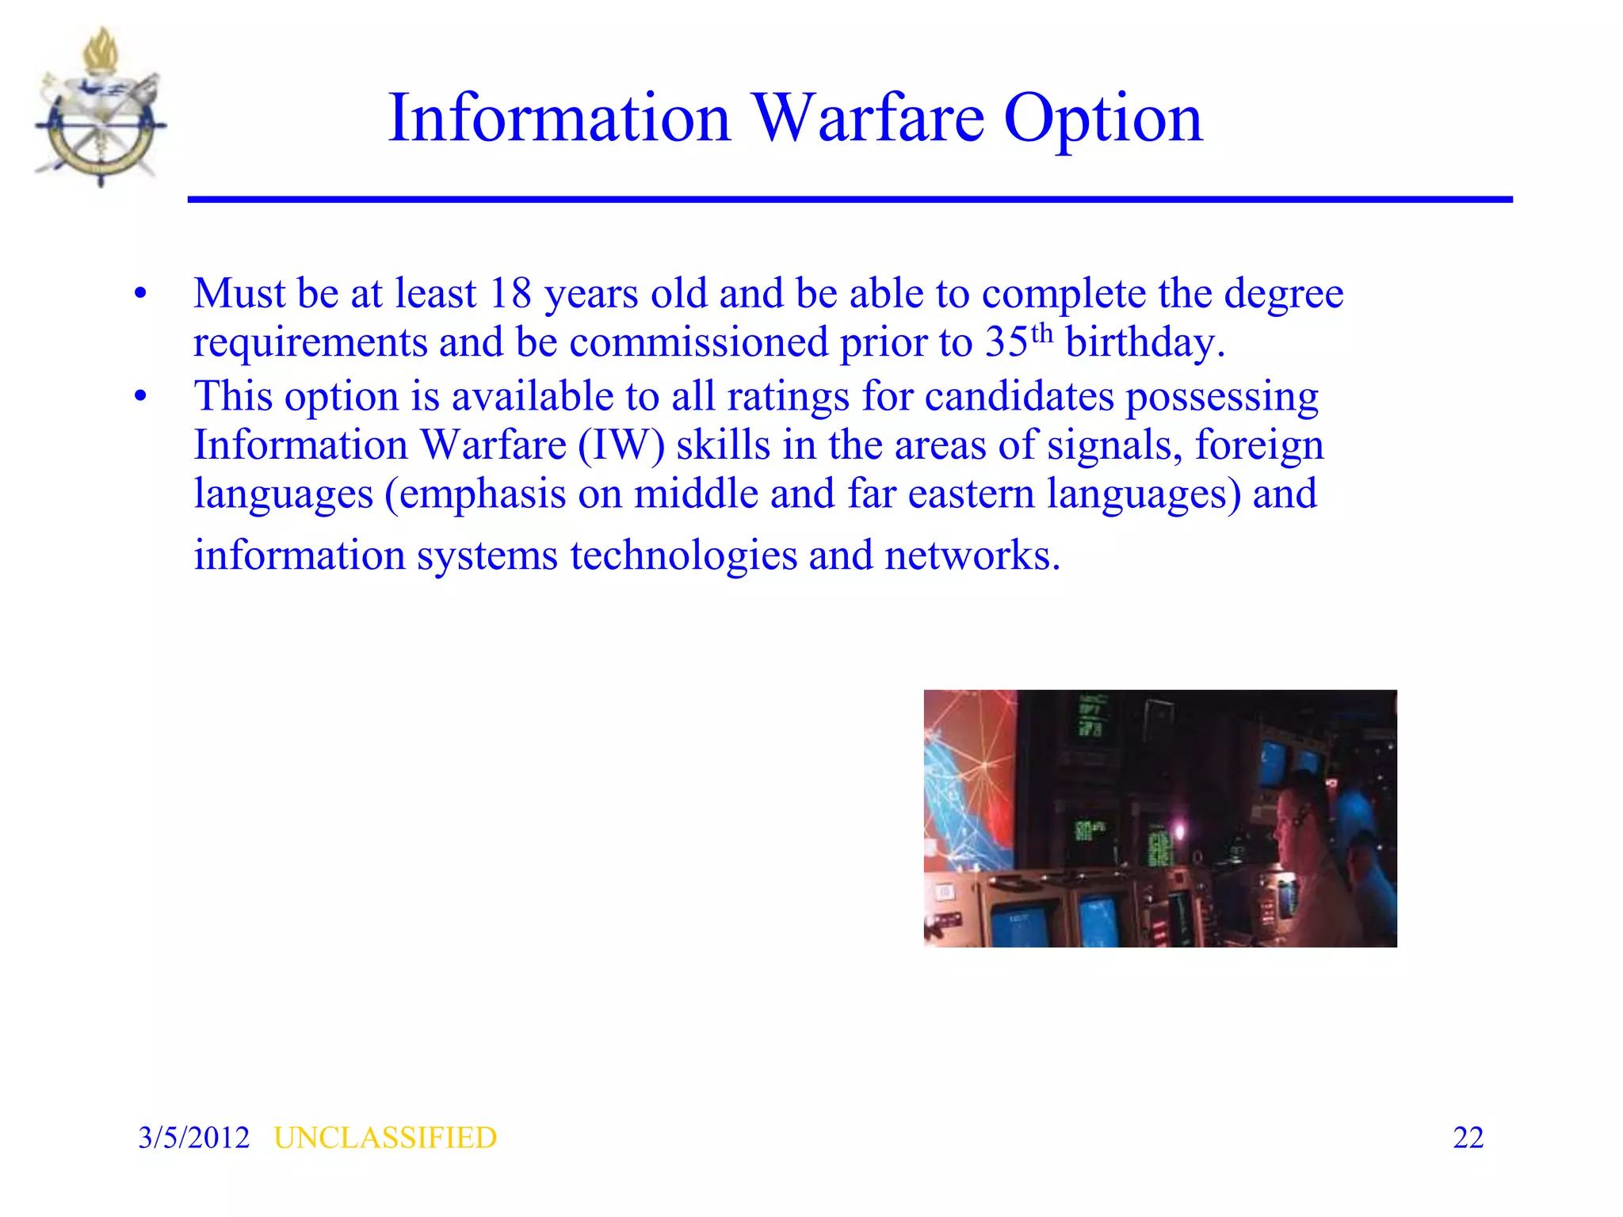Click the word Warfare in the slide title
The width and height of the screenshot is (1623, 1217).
(868, 119)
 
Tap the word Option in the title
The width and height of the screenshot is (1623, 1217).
(1103, 119)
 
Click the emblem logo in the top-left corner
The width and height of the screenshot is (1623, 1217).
(101, 107)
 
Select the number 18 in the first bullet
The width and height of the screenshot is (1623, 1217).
(510, 294)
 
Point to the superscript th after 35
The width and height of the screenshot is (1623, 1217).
(1042, 333)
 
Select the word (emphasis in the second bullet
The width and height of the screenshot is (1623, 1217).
(475, 494)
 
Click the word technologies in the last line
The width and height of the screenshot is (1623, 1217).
(683, 555)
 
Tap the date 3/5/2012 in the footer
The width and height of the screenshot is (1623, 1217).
(193, 1138)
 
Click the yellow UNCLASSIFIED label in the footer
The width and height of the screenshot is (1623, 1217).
(385, 1138)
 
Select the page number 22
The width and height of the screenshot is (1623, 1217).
(1468, 1138)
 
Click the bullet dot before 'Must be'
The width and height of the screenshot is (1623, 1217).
(141, 294)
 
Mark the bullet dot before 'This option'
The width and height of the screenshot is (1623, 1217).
(141, 396)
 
